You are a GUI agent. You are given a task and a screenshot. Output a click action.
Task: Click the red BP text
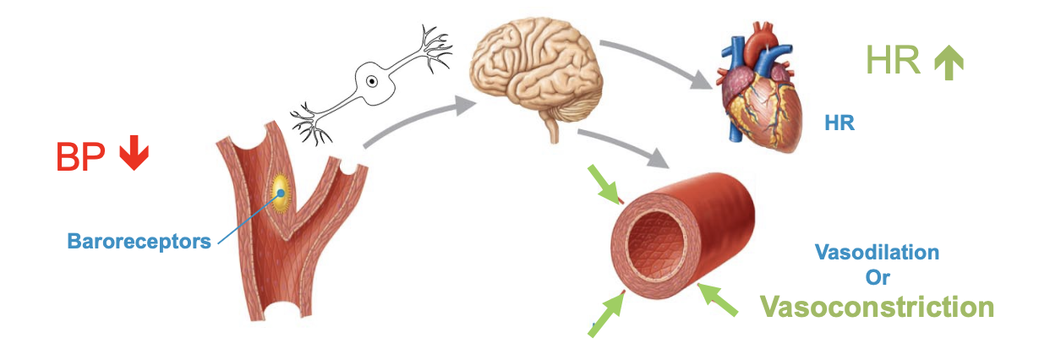click(81, 157)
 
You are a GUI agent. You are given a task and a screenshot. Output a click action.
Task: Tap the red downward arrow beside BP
click(131, 155)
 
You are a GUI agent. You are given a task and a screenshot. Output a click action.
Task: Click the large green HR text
click(893, 61)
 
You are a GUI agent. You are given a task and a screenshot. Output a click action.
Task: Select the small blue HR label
click(839, 123)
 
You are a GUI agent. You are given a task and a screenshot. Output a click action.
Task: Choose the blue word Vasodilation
click(877, 252)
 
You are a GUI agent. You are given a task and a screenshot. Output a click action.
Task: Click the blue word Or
click(877, 277)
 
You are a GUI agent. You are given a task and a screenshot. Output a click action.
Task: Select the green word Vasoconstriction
click(877, 306)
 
